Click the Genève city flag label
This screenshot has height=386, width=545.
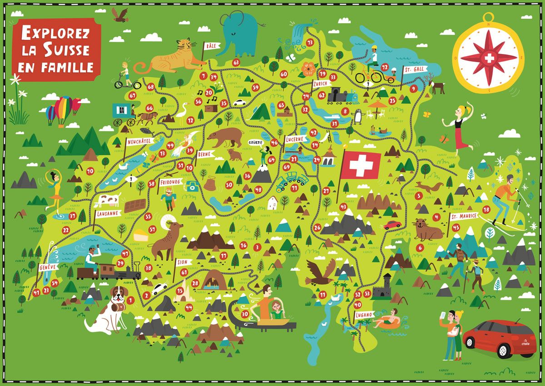coord(48,267)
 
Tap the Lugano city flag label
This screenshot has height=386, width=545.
coord(364,314)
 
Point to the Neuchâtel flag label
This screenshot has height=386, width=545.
coord(139,141)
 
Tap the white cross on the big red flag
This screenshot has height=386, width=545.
coord(361,165)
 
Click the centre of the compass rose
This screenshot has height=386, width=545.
coord(488,58)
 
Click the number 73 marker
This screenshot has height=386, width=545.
coord(310,42)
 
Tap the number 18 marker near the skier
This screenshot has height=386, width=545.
coord(486,209)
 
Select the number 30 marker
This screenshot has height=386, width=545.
coord(245,314)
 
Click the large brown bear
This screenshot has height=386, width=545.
coord(226,136)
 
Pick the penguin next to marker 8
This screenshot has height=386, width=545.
coord(358,117)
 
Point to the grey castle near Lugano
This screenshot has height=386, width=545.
coord(382,287)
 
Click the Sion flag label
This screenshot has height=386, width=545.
coord(182,262)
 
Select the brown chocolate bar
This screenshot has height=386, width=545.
coord(135,205)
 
